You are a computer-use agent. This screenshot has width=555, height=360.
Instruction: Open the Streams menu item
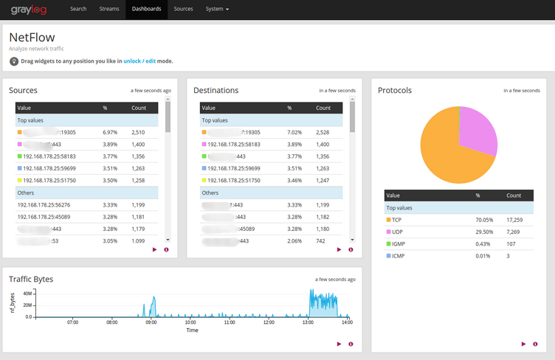[x=108, y=9]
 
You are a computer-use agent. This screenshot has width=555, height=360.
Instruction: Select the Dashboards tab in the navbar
[x=146, y=9]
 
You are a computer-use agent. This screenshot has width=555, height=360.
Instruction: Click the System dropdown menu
[x=217, y=9]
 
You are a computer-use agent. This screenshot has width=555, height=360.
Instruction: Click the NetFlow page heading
[x=32, y=37]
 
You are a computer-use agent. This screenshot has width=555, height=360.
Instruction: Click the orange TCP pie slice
[x=443, y=155]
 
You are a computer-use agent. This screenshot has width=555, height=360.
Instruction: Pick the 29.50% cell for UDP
[x=483, y=232]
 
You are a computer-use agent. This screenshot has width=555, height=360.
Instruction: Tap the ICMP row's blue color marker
[x=388, y=255]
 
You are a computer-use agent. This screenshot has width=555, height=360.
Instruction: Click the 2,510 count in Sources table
[x=138, y=132]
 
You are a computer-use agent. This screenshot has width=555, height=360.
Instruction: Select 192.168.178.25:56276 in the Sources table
[x=44, y=205]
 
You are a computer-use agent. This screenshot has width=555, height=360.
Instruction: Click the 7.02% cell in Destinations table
[x=295, y=132]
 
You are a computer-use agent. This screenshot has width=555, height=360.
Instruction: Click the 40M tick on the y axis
[x=27, y=293]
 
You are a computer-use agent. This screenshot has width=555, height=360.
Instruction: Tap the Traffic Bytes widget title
[x=31, y=279]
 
